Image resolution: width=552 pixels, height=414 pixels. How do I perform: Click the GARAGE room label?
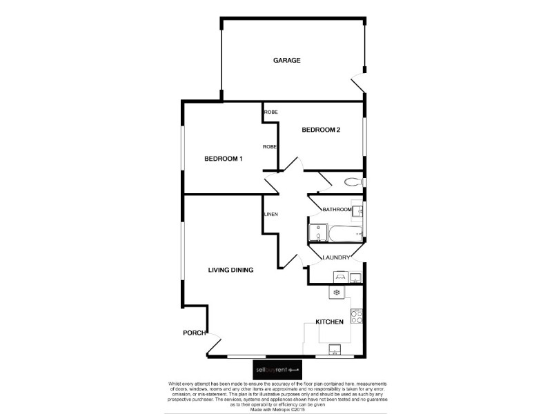[x=286, y=61]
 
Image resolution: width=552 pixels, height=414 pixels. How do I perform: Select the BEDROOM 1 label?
[x=223, y=159]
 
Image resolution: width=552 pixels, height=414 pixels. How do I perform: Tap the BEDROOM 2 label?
[x=321, y=130]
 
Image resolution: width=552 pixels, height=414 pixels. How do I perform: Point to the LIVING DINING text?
[x=231, y=270]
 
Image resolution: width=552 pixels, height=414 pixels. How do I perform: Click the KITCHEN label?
[x=330, y=322]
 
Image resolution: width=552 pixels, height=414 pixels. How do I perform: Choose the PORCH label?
[x=194, y=333]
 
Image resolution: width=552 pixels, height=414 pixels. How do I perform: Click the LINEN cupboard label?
[x=270, y=215]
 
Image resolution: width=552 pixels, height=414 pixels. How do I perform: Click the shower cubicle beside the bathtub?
[x=319, y=232]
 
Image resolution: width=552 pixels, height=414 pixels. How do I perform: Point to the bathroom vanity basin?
[x=357, y=210]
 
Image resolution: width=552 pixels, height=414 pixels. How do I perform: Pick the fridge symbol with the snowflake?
[x=336, y=293]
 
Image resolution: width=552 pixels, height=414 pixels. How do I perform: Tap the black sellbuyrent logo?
[x=276, y=369]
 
